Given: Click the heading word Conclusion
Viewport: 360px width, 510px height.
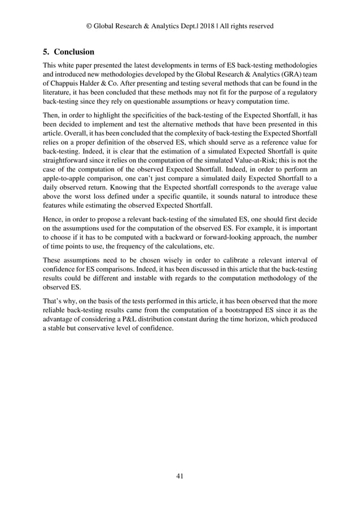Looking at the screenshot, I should click(74, 52).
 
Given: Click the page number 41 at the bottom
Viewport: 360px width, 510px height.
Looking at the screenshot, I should click(180, 476).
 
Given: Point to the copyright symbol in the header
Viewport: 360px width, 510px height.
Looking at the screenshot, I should click(89, 26).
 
